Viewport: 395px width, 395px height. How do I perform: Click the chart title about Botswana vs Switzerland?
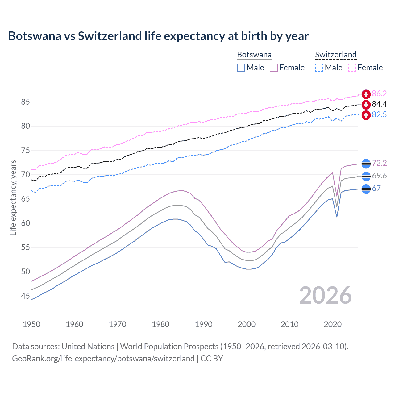(x=158, y=36)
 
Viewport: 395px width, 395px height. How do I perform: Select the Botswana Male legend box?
(x=241, y=68)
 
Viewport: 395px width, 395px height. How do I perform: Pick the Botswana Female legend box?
(x=274, y=68)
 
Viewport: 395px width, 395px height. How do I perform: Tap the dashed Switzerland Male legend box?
(x=319, y=68)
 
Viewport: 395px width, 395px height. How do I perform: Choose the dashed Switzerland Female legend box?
(x=352, y=68)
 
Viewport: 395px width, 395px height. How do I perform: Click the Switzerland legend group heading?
(x=336, y=55)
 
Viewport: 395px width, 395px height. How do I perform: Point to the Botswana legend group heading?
(x=254, y=55)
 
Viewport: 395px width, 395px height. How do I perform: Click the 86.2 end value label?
(x=379, y=94)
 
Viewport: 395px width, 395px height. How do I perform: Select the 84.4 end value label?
(x=379, y=104)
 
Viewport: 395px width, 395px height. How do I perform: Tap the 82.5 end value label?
(x=379, y=115)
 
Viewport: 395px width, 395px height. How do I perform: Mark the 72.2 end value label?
(x=379, y=163)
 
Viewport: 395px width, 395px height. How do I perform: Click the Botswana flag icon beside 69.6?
(x=366, y=176)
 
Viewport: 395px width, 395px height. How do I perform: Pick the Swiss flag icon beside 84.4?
(x=366, y=105)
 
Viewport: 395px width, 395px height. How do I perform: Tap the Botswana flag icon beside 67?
(x=366, y=189)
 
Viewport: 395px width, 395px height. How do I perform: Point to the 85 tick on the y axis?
(x=26, y=102)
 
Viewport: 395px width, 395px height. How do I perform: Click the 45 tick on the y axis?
(x=26, y=296)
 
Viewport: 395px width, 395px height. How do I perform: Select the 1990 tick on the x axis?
(x=204, y=324)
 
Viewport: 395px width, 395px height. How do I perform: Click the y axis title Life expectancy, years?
(x=13, y=197)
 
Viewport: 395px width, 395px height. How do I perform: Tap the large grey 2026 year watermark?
(x=325, y=295)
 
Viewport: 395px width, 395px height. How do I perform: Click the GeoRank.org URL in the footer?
(x=103, y=359)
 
